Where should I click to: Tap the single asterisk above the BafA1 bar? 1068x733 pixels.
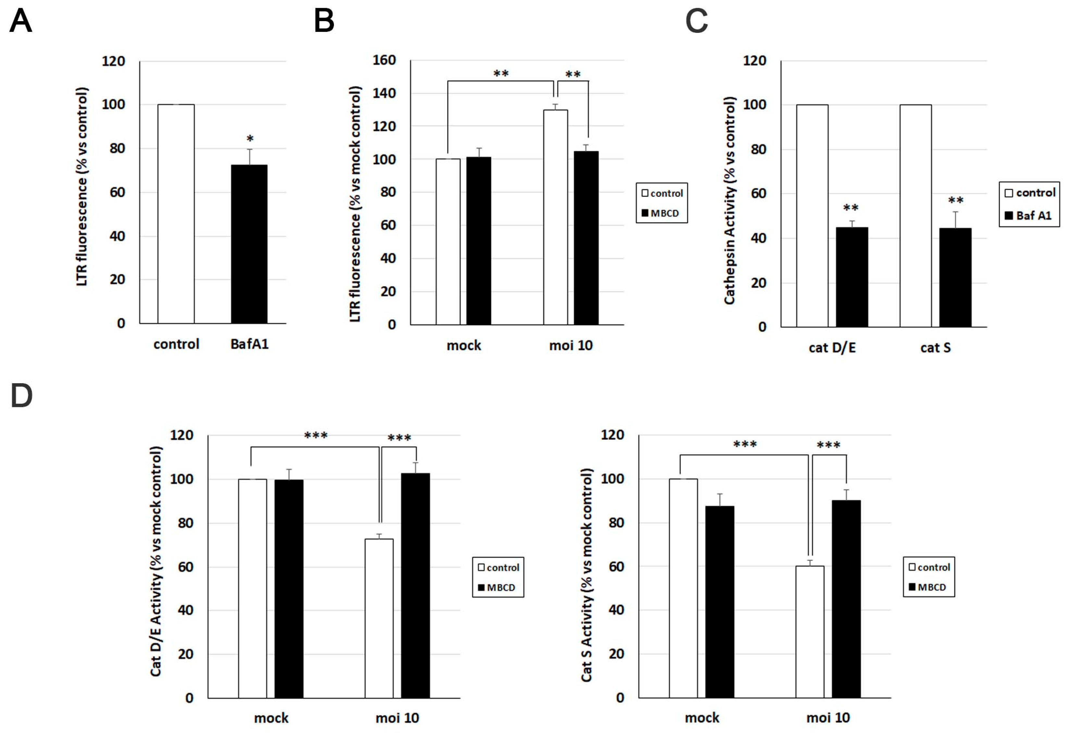point(250,138)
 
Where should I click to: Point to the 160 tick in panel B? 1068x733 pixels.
point(384,60)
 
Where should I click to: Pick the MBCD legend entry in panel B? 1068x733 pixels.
point(661,213)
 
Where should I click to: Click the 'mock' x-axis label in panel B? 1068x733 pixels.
point(464,345)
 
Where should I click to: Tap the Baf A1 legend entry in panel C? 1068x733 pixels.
point(1028,215)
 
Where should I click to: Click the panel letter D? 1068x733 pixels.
point(22,396)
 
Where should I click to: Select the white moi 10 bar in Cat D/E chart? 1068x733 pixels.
point(379,618)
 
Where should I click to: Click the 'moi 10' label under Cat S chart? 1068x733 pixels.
point(828,717)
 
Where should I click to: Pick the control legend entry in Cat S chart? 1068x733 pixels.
point(929,567)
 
